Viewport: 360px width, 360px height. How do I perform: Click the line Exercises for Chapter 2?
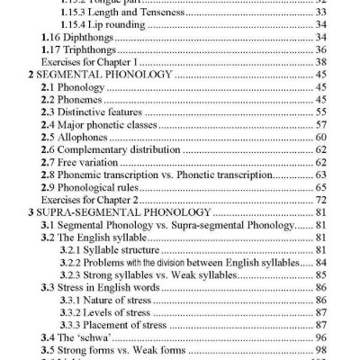click(94, 199)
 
